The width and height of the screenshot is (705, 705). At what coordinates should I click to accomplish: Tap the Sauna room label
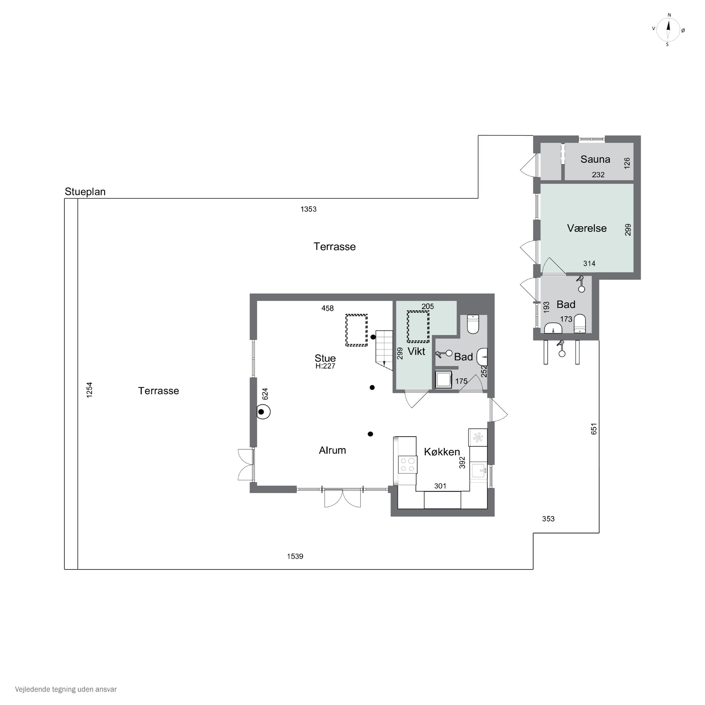[595, 159]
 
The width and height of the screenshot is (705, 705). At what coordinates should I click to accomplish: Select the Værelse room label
[587, 228]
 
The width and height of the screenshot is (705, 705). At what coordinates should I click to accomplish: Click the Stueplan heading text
[85, 192]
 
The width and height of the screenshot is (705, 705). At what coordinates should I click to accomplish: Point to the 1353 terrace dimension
[308, 209]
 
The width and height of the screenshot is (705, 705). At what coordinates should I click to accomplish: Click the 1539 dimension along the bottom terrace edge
[295, 556]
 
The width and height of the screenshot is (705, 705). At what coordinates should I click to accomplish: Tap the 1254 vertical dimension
[89, 390]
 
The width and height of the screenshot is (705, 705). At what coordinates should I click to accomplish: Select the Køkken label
[442, 452]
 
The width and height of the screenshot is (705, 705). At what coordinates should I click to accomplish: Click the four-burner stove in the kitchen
[407, 465]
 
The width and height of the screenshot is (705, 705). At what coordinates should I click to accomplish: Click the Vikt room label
[416, 351]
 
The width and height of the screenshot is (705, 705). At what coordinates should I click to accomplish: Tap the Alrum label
[332, 450]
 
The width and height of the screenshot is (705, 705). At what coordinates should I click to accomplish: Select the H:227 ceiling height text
[325, 366]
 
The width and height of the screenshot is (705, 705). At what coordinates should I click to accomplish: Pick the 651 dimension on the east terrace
[594, 429]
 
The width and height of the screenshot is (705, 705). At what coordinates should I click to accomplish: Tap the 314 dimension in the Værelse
[589, 263]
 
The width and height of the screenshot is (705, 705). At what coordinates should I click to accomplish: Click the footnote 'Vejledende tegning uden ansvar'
[66, 689]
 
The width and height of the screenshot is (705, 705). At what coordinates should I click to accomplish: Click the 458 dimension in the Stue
[327, 308]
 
